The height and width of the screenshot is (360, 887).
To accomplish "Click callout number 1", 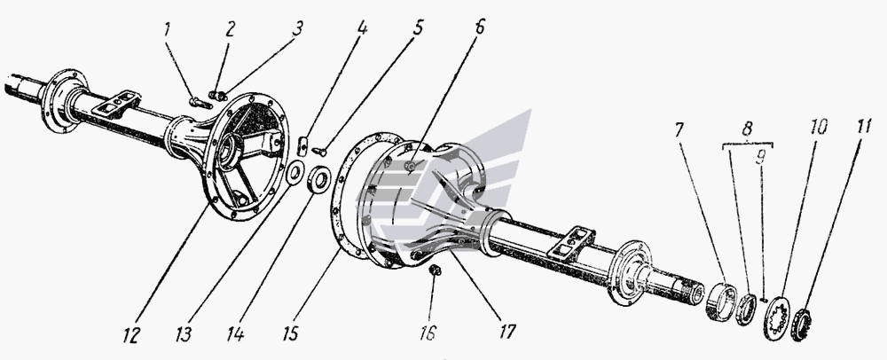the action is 167,30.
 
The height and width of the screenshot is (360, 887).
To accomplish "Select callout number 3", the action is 297,29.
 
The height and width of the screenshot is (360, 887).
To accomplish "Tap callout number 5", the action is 418,29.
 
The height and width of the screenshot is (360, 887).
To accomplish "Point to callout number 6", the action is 480,27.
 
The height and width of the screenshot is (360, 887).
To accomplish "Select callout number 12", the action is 130,335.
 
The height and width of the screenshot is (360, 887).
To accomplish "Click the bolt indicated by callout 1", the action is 200,102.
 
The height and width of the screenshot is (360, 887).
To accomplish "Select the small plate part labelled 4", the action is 302,145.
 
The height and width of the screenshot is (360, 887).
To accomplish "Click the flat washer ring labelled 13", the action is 294,173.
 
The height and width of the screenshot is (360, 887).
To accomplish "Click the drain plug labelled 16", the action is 436,270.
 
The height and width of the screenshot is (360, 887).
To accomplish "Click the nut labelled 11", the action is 801,325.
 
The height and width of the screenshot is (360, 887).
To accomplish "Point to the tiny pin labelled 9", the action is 764,300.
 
